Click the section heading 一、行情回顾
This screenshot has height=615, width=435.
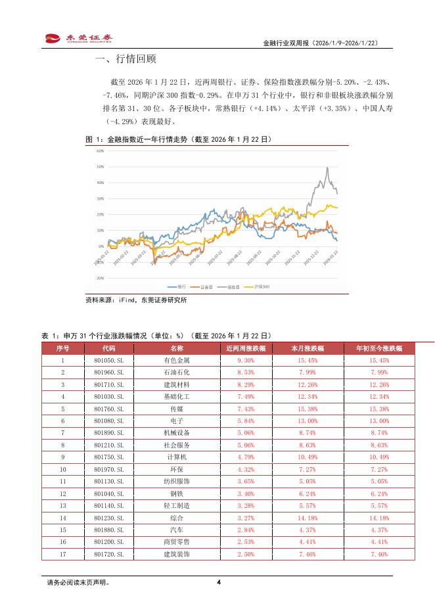point(126,59)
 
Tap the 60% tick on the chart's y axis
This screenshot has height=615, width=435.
point(100,150)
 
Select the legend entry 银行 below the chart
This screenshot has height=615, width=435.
point(177,287)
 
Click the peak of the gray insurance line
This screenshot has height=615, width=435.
point(327,168)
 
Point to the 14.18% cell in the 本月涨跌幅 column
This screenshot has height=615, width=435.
point(308,518)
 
